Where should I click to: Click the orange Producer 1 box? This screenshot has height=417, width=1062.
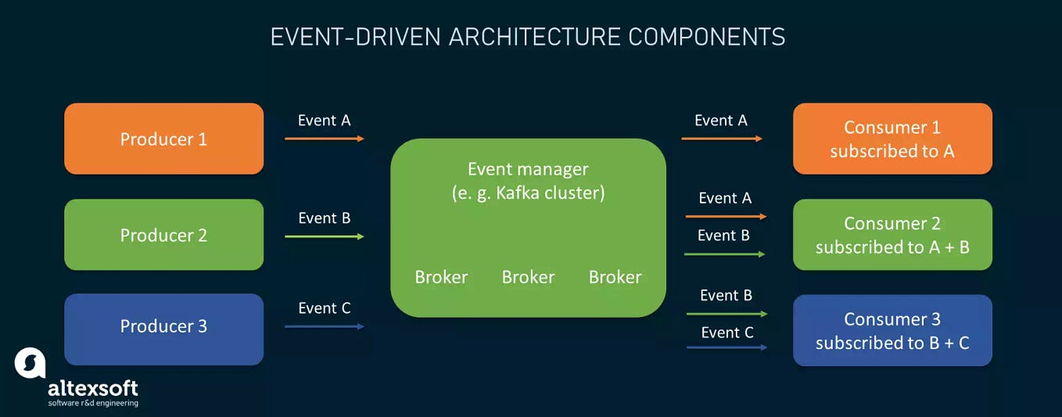tap(163, 138)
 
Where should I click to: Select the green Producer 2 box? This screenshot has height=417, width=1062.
tap(163, 235)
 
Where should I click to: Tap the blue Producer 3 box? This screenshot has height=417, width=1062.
tap(163, 329)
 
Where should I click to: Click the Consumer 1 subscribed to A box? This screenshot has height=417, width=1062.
tap(892, 138)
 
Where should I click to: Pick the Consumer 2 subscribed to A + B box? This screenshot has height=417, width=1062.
tap(892, 235)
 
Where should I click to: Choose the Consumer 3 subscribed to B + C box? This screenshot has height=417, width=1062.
tap(892, 330)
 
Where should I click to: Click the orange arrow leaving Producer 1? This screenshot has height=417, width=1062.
tap(324, 138)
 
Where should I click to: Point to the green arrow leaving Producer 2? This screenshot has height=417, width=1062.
tap(324, 235)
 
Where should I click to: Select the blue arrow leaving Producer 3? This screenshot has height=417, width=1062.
tap(324, 326)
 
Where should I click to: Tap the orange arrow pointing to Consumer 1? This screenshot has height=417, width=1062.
tap(721, 138)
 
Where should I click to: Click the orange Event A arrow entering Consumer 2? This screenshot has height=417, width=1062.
tap(726, 217)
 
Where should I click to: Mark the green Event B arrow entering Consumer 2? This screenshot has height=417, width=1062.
tap(724, 254)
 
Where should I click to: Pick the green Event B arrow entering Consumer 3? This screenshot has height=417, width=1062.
tap(726, 314)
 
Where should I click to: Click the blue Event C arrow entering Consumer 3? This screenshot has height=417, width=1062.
tap(726, 347)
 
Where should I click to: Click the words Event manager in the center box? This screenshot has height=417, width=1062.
tap(528, 169)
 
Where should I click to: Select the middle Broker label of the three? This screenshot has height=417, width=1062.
tap(528, 277)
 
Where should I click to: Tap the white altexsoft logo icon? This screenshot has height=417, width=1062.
tap(30, 363)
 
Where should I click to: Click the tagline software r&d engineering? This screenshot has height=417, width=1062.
tap(93, 403)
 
